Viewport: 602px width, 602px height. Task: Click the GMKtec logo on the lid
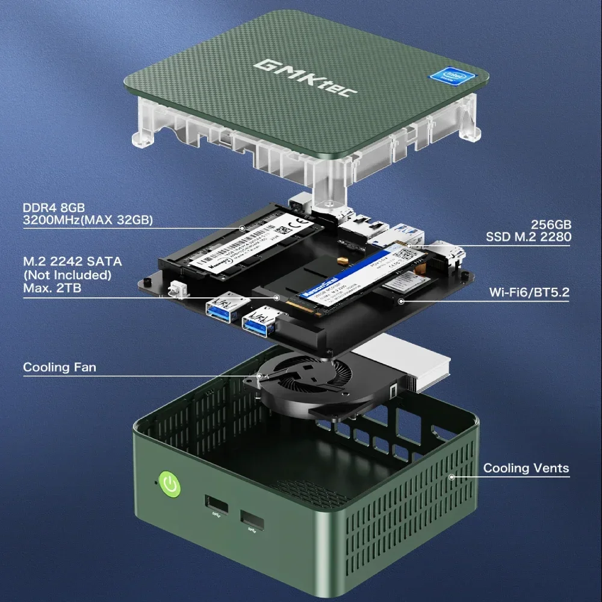pos(305,76)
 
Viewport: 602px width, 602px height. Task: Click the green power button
pos(170,485)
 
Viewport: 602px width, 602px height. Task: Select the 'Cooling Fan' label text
pos(59,367)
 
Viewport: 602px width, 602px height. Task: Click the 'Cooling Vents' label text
pos(526,468)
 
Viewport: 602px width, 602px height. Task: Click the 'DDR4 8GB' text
pos(54,208)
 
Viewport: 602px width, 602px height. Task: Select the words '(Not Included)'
pos(67,275)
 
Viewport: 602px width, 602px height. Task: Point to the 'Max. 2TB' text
pos(52,288)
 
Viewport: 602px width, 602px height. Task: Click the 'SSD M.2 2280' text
pos(528,237)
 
